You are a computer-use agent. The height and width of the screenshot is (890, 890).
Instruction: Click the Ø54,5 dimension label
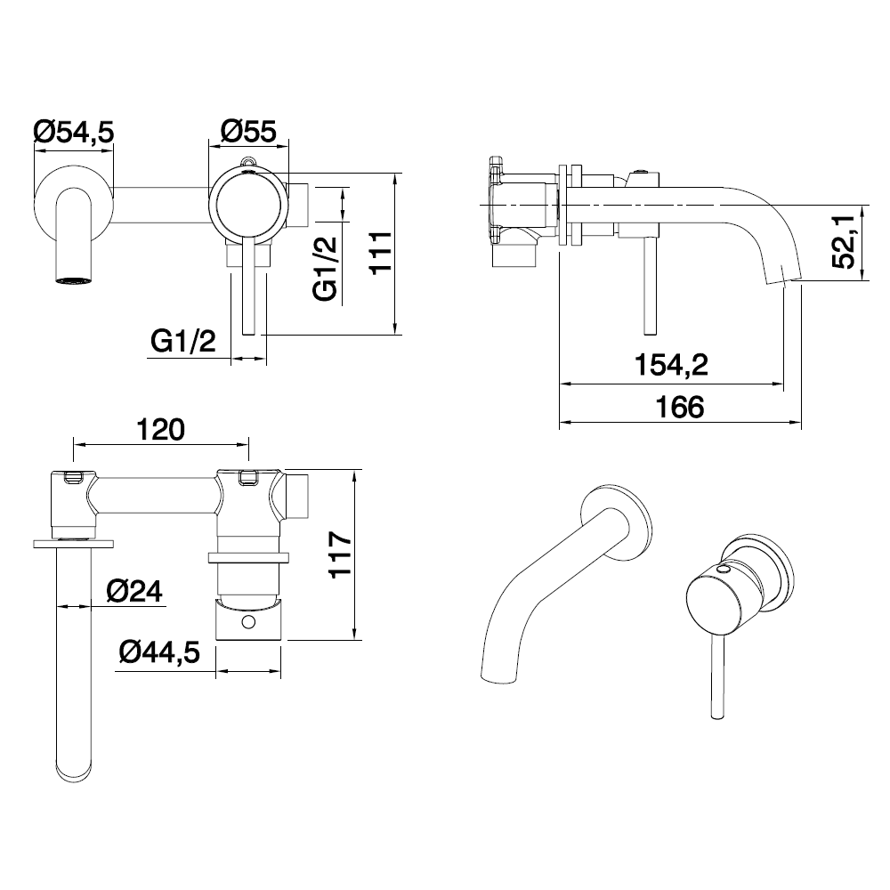[74, 132]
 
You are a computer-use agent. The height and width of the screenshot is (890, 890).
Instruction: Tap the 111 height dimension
[381, 252]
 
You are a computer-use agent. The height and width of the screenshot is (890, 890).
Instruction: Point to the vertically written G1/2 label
[325, 269]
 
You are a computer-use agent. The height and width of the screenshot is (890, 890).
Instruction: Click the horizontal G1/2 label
[183, 341]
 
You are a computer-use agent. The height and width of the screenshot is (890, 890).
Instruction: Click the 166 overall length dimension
[679, 407]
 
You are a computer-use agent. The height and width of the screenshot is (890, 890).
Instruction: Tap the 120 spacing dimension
[160, 430]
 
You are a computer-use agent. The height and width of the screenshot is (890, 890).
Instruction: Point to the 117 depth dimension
[341, 554]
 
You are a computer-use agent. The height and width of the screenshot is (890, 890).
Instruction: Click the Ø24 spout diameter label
[134, 592]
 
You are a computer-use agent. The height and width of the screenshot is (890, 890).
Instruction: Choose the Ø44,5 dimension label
[159, 652]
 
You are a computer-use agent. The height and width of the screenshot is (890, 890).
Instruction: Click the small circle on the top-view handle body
[247, 622]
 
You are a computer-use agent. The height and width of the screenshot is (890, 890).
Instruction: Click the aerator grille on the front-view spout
[74, 279]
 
